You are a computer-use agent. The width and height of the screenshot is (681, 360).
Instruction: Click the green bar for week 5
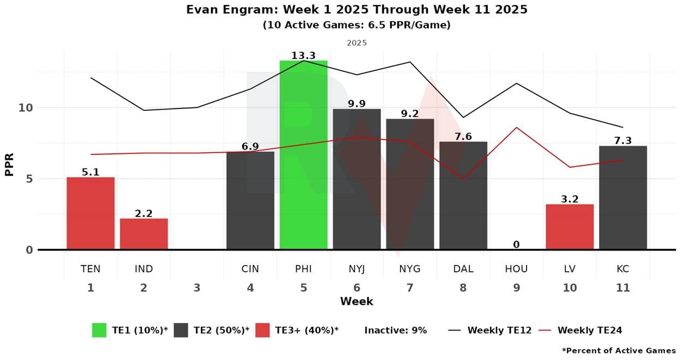[303, 155]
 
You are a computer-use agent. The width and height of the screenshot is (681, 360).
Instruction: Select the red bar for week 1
[91, 213]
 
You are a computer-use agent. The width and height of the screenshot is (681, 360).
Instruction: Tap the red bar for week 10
[570, 227]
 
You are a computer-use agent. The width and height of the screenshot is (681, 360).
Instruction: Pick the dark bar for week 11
[623, 197]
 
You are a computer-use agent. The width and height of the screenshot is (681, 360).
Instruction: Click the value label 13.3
[303, 56]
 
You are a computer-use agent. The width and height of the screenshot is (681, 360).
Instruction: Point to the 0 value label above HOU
[516, 244]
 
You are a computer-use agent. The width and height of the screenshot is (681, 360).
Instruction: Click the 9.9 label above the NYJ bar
[357, 104]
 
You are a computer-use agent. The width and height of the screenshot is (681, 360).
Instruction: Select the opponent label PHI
[303, 269]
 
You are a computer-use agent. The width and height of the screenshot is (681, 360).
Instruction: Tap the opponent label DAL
[463, 269]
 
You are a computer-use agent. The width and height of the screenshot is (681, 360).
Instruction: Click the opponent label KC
[623, 269]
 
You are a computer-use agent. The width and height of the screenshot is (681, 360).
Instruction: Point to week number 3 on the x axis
[197, 288]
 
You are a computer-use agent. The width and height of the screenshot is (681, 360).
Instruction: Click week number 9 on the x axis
[516, 288]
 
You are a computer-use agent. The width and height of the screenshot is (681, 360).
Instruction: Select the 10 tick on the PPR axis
[26, 107]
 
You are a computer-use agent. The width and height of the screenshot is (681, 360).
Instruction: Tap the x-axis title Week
[356, 301]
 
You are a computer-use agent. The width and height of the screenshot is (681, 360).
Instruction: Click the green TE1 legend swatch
[99, 330]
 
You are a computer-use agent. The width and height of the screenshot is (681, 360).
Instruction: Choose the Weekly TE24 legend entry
[589, 330]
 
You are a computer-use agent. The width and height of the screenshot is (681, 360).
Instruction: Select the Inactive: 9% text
[396, 330]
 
